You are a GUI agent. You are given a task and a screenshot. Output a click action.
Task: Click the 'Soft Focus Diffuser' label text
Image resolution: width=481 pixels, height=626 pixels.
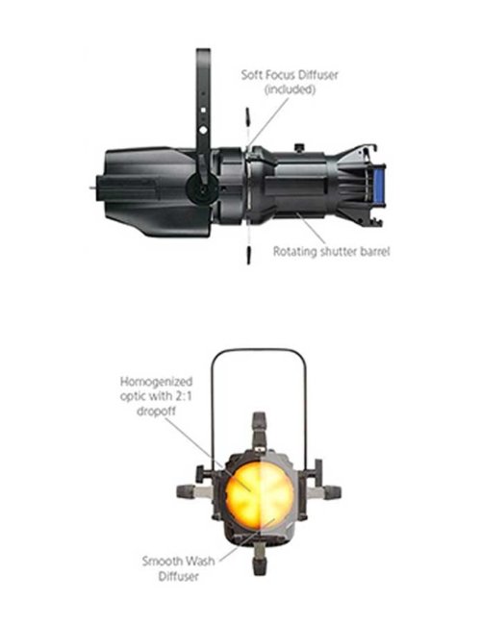click(290, 75)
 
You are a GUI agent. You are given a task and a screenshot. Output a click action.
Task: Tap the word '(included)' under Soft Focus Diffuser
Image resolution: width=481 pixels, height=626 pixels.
click(290, 89)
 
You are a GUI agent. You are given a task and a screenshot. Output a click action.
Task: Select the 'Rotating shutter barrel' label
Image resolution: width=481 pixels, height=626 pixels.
click(331, 252)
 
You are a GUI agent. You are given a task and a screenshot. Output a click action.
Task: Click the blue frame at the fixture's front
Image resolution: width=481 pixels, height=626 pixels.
click(378, 187)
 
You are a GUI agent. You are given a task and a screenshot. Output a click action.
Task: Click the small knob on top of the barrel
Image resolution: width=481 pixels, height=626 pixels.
click(299, 147)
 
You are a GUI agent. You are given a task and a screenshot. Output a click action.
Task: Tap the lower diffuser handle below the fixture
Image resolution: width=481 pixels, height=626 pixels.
click(248, 255)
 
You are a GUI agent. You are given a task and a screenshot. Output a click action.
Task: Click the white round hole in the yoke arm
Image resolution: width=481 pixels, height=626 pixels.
click(203, 130)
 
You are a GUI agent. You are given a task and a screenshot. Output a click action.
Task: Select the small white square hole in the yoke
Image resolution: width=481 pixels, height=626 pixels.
click(203, 110)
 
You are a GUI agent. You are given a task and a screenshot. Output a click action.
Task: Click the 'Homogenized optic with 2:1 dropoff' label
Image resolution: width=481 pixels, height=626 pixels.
click(156, 396)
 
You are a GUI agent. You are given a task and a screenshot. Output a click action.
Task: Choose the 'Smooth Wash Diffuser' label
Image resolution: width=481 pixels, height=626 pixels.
click(179, 568)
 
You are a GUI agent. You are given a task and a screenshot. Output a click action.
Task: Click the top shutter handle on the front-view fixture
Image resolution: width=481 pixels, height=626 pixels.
click(259, 428)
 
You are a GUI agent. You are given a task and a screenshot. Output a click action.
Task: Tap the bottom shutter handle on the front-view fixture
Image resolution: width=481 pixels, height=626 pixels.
click(260, 558)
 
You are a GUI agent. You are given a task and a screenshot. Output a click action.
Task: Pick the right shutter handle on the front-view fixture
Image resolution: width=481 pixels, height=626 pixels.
click(325, 492)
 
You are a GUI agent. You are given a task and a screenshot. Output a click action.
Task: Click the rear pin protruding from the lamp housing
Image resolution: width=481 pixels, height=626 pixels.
click(93, 188)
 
